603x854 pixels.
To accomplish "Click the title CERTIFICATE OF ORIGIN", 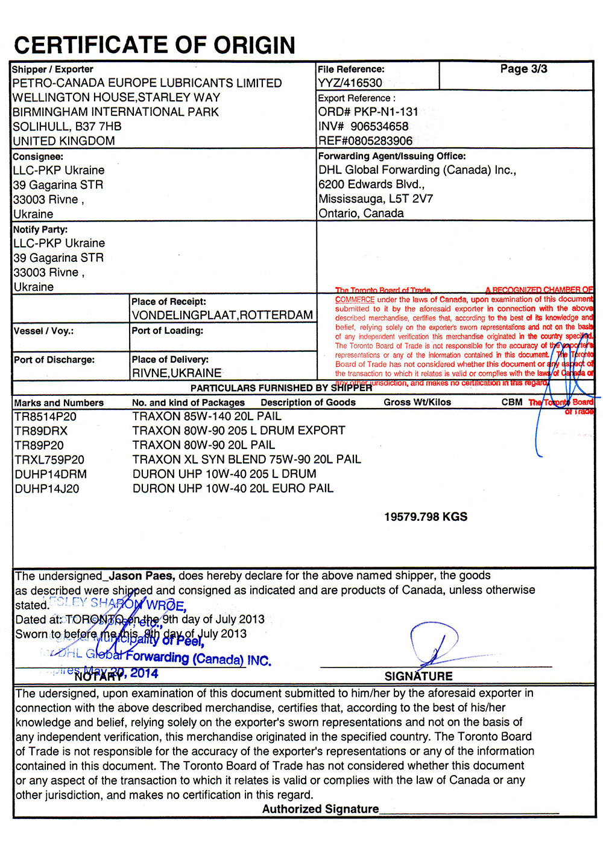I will click(x=154, y=45).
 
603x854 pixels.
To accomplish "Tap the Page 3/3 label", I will click(x=523, y=69).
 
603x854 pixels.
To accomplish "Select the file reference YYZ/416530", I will click(x=350, y=83).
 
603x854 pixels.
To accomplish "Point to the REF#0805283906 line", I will click(x=365, y=141).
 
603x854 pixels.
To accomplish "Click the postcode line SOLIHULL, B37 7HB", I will click(x=67, y=127).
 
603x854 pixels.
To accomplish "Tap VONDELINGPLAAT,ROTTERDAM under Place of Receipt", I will click(x=222, y=315).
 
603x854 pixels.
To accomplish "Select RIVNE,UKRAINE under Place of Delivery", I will click(x=177, y=373).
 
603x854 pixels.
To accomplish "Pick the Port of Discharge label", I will click(x=54, y=360).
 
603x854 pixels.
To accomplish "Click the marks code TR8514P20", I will click(x=45, y=416).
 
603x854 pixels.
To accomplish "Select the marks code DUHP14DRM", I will click(x=51, y=474).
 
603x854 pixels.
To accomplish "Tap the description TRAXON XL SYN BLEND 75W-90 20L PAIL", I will click(x=247, y=459).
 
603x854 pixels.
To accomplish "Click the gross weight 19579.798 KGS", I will click(x=426, y=517).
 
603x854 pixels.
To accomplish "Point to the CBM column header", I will click(x=512, y=402).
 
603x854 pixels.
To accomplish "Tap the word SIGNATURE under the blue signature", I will click(x=418, y=676).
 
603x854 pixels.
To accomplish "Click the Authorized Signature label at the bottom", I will click(x=320, y=809).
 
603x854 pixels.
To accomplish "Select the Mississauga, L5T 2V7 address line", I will click(x=376, y=199).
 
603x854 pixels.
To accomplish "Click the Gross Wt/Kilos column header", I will click(x=417, y=402).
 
